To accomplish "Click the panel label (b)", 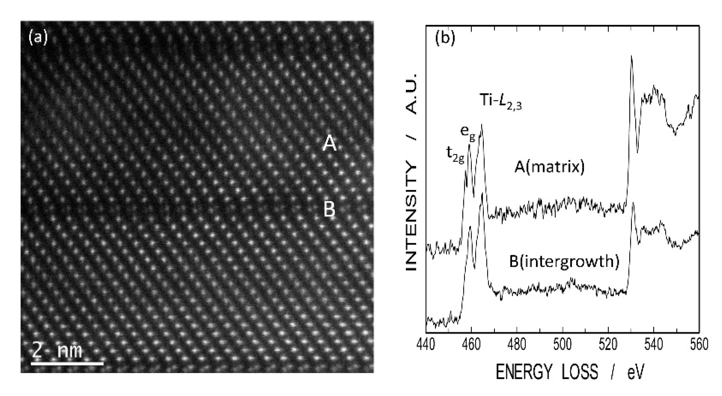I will (x=445, y=37).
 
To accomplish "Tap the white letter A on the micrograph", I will (x=329, y=143).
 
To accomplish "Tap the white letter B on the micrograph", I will (x=329, y=210).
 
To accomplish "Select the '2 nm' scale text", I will (x=57, y=351).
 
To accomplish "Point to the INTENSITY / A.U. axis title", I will (x=411, y=172).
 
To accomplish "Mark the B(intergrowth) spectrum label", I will (x=564, y=262).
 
